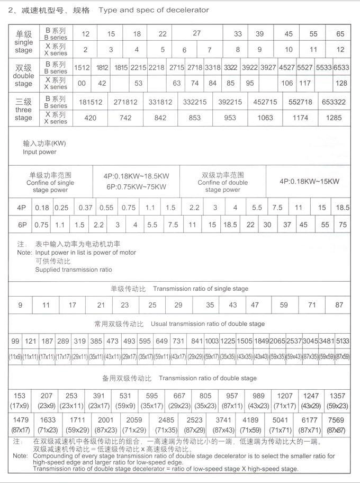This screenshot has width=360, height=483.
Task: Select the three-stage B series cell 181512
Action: click(x=91, y=102)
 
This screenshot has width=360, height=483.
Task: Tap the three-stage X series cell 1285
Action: click(x=334, y=118)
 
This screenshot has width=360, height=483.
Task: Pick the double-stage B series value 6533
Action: click(x=341, y=67)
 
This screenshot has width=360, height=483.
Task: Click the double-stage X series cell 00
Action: click(x=82, y=83)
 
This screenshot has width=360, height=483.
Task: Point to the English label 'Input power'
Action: click(x=39, y=152)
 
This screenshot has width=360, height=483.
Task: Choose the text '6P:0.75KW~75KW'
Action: click(x=136, y=186)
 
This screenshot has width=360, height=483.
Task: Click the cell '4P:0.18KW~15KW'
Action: click(x=309, y=181)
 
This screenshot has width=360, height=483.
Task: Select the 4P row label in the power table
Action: click(x=21, y=208)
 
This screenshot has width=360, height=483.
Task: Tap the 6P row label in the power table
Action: click(x=21, y=225)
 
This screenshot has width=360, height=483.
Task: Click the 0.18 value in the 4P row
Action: click(x=42, y=208)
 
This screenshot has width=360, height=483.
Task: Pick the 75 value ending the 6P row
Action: click(x=343, y=225)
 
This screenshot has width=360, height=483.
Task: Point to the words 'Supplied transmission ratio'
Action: click(x=74, y=270)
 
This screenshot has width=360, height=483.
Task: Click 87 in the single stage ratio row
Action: click(x=339, y=305)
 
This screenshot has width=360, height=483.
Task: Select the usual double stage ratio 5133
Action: click(x=343, y=341)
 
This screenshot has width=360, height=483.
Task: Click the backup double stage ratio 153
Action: click(x=20, y=396)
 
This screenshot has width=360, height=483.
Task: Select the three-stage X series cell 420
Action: click(x=91, y=118)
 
